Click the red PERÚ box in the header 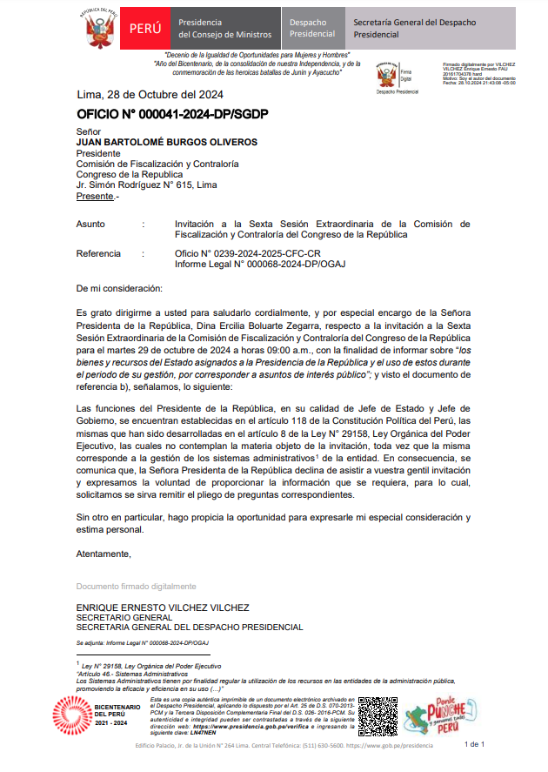pos(145,28)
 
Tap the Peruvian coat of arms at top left pos(102,29)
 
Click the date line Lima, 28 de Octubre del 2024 pos(150,96)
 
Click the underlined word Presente pos(95,196)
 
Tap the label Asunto pos(90,224)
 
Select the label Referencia pos(98,254)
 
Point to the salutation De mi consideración pos(118,288)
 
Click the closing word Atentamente pos(104,554)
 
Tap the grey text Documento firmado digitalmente pos(136,586)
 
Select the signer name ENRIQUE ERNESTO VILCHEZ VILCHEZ pos(163,608)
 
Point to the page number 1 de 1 pos(475,744)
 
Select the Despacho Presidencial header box pos(311,28)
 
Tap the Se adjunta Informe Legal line pos(142,642)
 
